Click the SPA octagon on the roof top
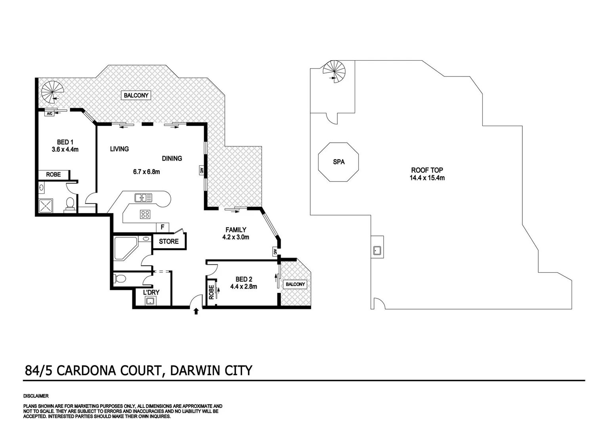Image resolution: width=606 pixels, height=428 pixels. [x=338, y=162]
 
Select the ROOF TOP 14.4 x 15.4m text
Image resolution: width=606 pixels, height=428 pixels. [x=427, y=174]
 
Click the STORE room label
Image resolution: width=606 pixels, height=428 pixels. [x=169, y=241]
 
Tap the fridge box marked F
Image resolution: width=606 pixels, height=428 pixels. [x=162, y=227]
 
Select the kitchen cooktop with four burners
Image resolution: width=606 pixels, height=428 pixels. [x=145, y=214]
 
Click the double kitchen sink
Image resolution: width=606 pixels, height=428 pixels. [x=140, y=197]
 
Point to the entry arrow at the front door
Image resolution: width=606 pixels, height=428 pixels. [x=196, y=311]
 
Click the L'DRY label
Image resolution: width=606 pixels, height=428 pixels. [x=151, y=292]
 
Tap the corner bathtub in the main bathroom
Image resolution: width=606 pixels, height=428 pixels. [x=124, y=248]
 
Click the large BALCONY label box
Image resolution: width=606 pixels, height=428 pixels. [x=136, y=95]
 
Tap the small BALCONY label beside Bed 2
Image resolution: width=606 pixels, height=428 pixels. [x=295, y=284]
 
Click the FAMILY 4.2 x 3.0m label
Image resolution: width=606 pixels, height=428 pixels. [x=236, y=233]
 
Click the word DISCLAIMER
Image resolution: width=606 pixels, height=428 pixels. [x=36, y=396]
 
